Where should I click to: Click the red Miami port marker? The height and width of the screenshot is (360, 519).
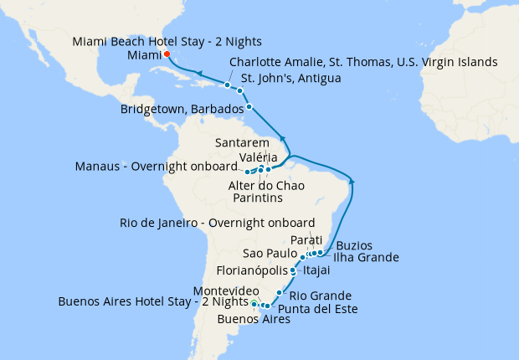coord(166,54)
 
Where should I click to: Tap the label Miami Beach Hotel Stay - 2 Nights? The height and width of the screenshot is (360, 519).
coord(167,41)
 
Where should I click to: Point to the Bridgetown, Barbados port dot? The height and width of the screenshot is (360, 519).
coord(249,106)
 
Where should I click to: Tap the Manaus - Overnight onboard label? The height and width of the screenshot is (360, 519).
coord(167,167)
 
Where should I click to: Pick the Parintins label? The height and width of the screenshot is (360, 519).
coord(256,198)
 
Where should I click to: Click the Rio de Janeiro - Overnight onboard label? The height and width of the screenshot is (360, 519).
coord(218,223)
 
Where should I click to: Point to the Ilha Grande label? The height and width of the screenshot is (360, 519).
coord(366,257)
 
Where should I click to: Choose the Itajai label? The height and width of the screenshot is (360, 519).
coord(317,270)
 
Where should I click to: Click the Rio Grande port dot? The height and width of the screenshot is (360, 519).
coord(279,292)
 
